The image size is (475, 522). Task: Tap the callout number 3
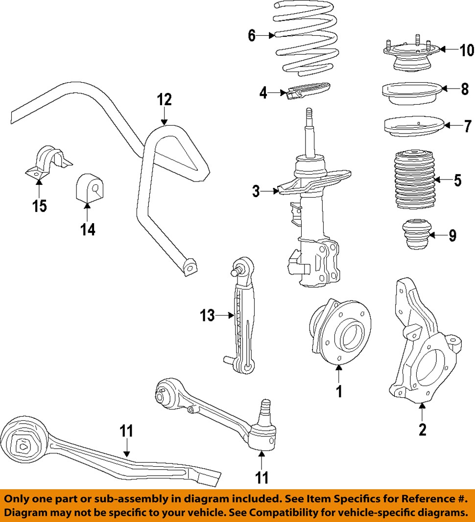click(256, 191)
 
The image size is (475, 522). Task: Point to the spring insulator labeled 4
click(306, 91)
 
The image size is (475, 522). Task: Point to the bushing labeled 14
click(89, 188)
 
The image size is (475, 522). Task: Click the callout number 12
click(165, 100)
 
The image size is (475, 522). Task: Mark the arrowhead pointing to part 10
click(441, 49)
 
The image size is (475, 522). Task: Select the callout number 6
click(252, 36)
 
